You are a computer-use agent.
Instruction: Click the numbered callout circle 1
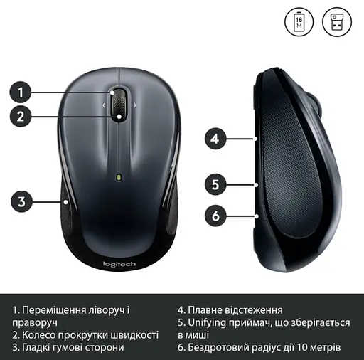pyautogui.click(x=21, y=92)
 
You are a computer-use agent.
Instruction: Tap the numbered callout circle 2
pyautogui.click(x=21, y=116)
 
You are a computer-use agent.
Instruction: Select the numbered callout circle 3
pyautogui.click(x=21, y=201)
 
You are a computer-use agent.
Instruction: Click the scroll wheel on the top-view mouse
pyautogui.click(x=119, y=102)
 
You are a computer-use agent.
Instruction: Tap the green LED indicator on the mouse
pyautogui.click(x=119, y=176)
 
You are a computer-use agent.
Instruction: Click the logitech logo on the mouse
pyautogui.click(x=119, y=265)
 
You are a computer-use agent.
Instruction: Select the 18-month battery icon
pyautogui.click(x=299, y=22)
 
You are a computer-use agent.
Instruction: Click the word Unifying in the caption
pyautogui.click(x=211, y=322)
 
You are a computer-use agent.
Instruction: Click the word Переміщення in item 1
pyautogui.click(x=56, y=310)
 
